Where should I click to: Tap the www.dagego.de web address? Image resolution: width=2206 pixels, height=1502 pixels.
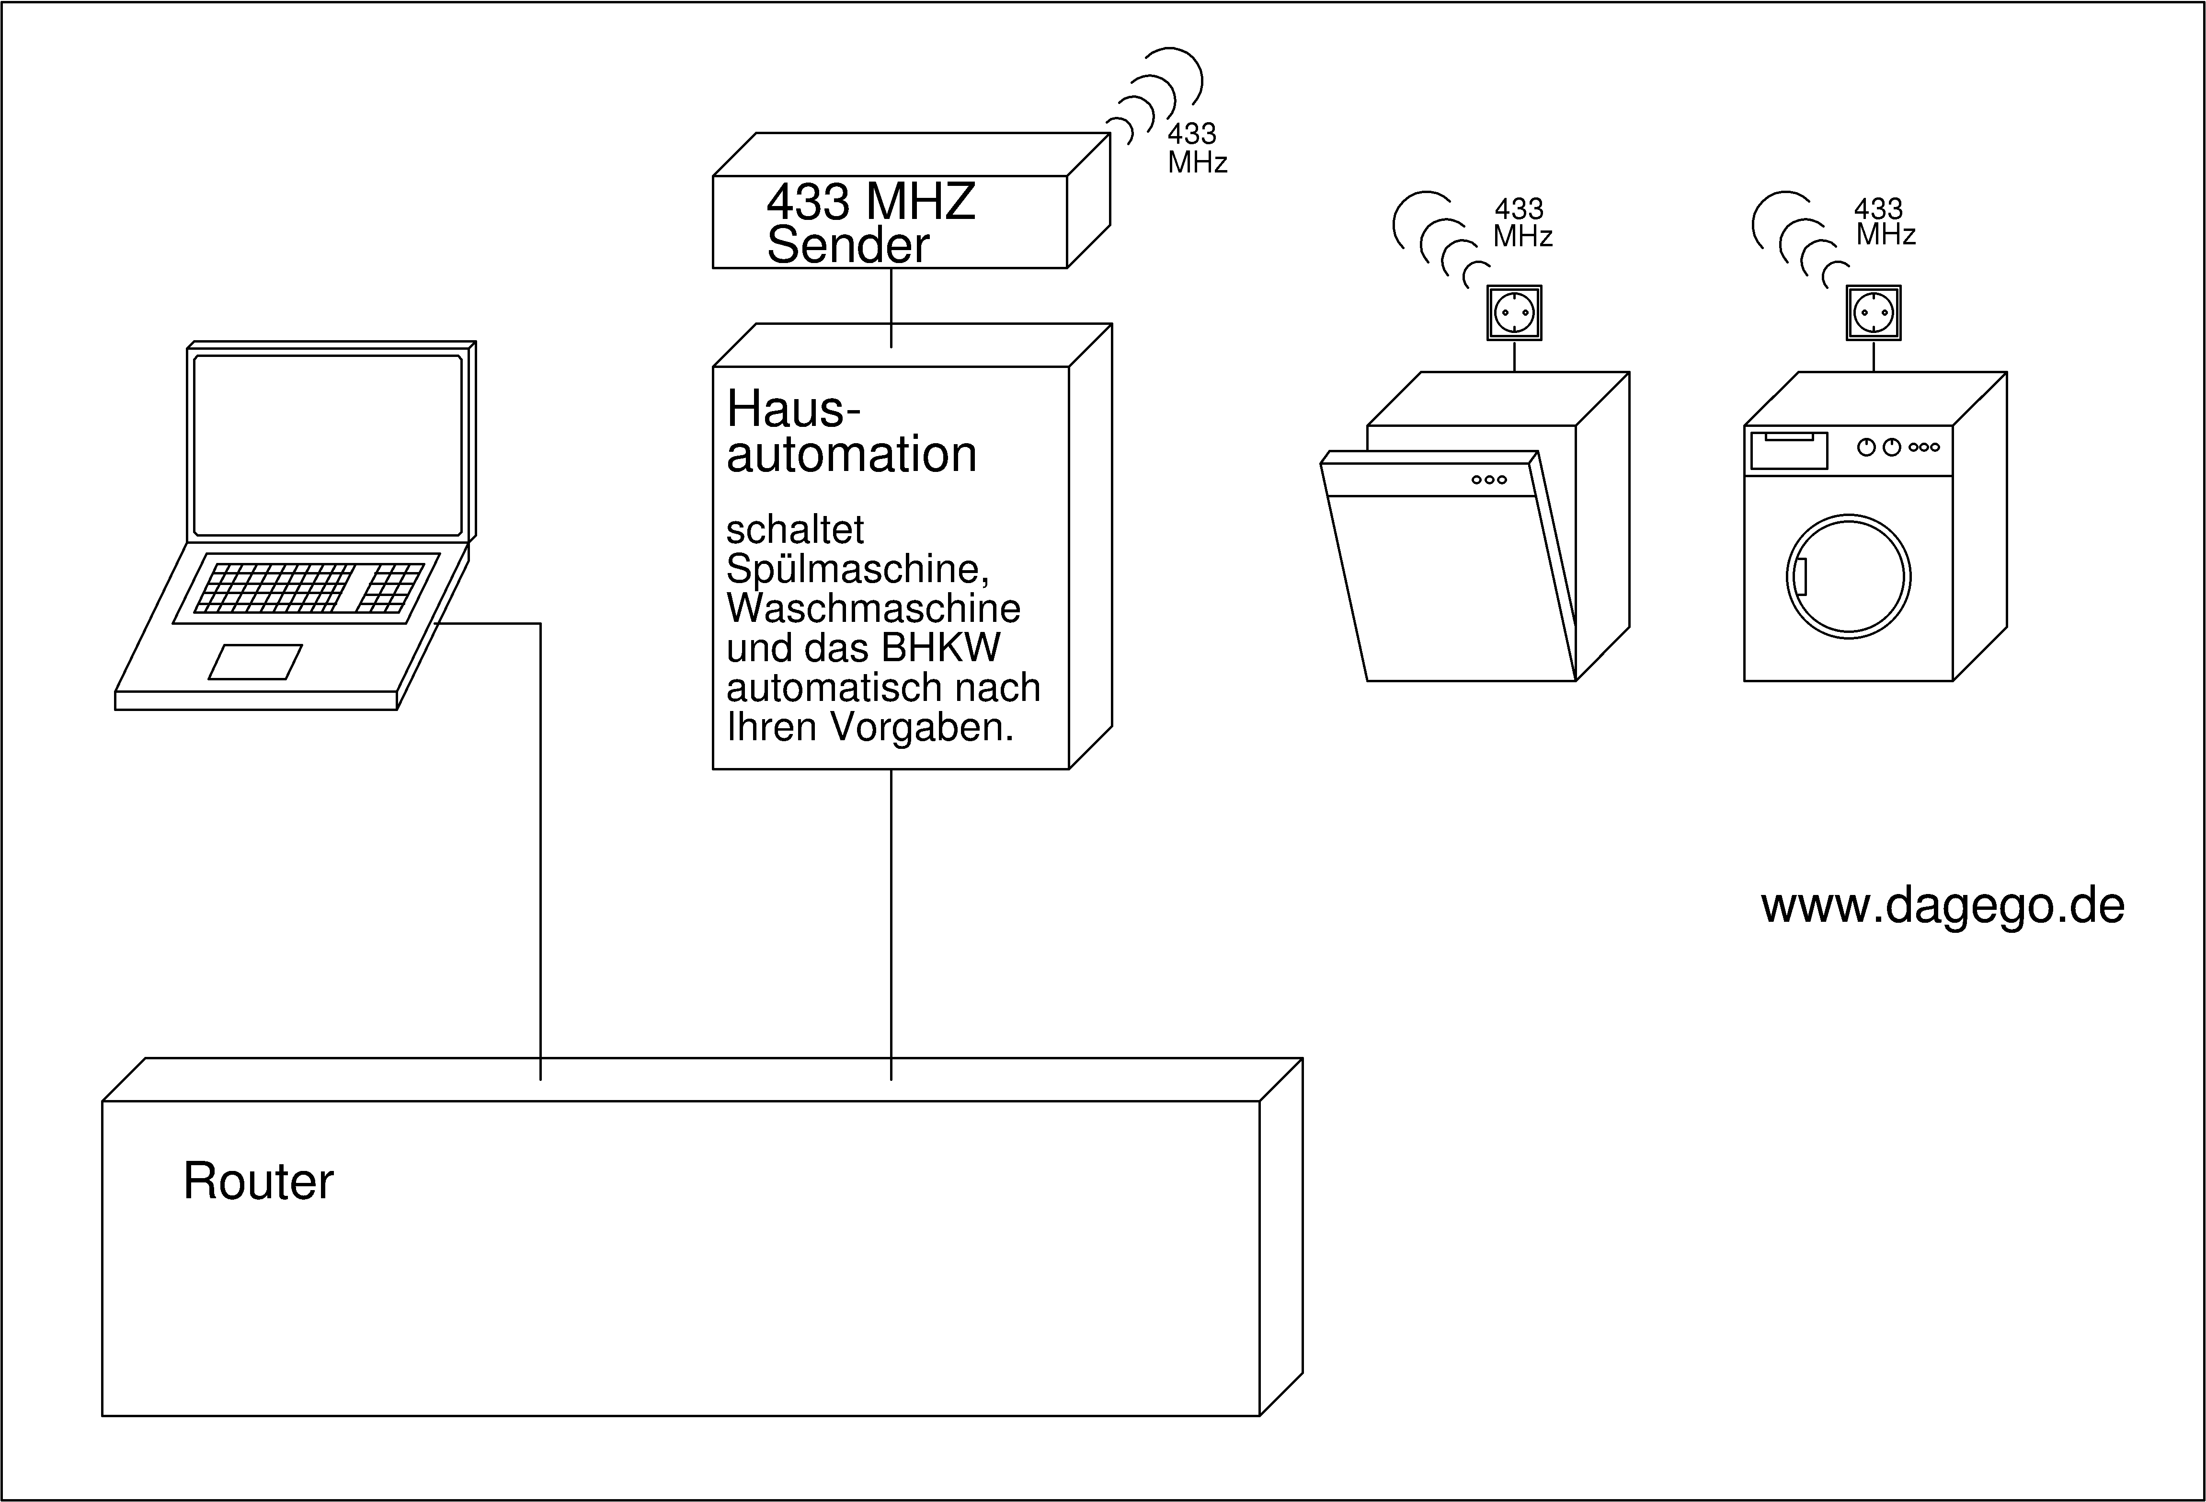[x=1942, y=906]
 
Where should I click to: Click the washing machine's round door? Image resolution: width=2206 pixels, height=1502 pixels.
[x=1848, y=576]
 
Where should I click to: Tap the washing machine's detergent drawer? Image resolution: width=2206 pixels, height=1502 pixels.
[x=1788, y=450]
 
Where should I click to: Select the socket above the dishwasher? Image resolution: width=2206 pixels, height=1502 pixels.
[x=1514, y=312]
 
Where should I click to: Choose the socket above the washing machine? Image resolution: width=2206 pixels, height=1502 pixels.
[x=1873, y=312]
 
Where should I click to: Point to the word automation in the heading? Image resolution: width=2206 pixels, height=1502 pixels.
[x=851, y=455]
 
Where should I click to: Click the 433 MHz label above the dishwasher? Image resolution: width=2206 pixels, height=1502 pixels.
[x=1521, y=222]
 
